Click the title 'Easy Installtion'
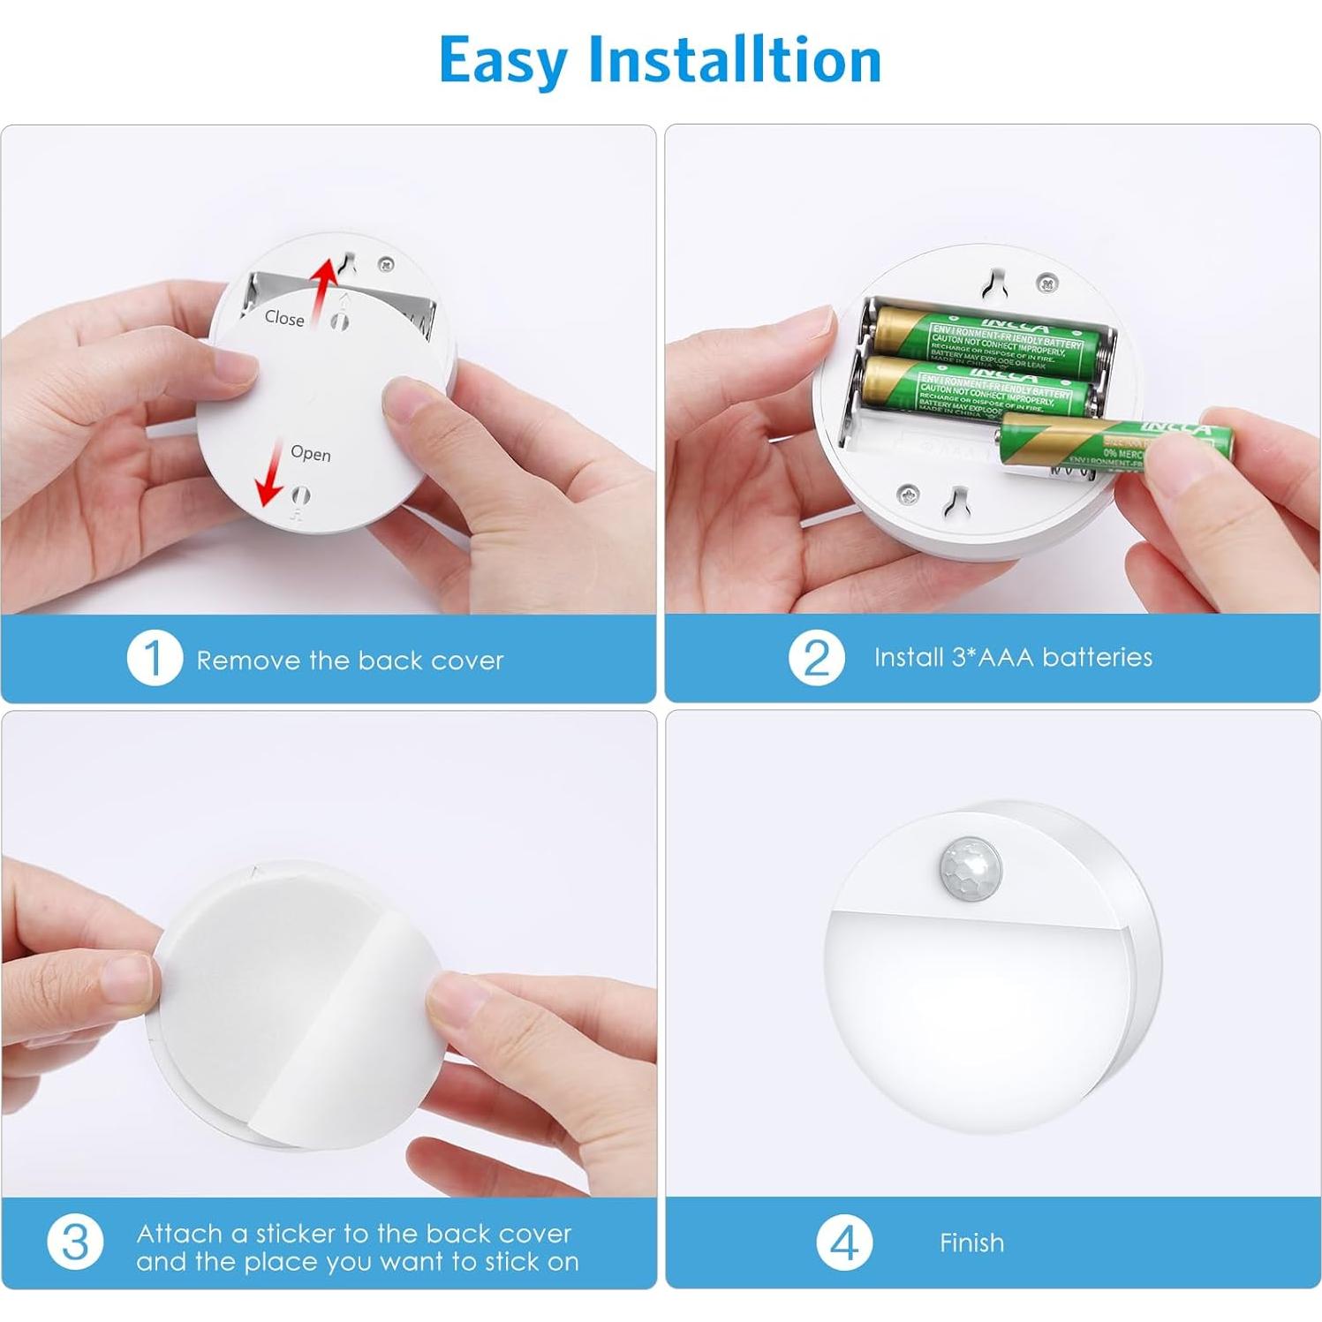point(660,61)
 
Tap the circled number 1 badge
point(154,659)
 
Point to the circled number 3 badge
point(75,1243)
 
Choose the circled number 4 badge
point(843,1243)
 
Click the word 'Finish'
point(971,1243)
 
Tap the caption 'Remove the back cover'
point(350,661)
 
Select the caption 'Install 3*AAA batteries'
point(1013,658)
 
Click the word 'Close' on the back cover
point(284,318)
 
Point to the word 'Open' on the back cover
point(311,453)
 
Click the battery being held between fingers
point(1113,442)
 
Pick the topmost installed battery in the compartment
point(989,340)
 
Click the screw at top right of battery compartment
point(1046,283)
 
